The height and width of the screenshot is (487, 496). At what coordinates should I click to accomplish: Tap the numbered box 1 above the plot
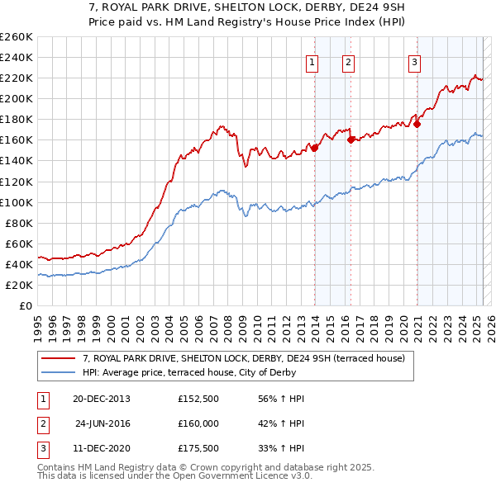(x=312, y=61)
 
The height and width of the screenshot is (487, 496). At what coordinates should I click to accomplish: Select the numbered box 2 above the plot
(x=349, y=61)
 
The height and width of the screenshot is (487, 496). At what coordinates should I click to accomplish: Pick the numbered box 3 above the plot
(x=413, y=61)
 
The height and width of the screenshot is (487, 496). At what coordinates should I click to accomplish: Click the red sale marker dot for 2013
(x=314, y=148)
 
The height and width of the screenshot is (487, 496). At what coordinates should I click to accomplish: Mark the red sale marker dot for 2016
(x=351, y=139)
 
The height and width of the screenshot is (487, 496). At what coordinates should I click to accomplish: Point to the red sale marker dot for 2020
(x=417, y=124)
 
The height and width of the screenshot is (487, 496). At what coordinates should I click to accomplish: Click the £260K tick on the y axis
(x=16, y=36)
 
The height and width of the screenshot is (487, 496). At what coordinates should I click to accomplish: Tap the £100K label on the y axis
(x=16, y=202)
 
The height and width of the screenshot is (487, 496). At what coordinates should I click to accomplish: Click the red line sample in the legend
(x=59, y=358)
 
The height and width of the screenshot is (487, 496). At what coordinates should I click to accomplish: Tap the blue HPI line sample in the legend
(x=59, y=372)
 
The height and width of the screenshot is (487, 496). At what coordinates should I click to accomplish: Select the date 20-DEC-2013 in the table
(x=102, y=399)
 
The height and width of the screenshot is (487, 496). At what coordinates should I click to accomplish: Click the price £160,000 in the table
(x=198, y=425)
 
